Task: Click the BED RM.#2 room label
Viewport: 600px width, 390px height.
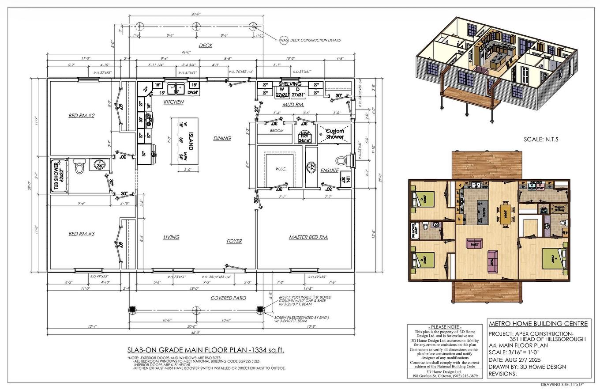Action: pyautogui.click(x=82, y=116)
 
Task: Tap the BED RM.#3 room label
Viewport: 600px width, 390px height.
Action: pyautogui.click(x=81, y=234)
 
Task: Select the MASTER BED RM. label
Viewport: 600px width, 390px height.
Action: pyautogui.click(x=308, y=237)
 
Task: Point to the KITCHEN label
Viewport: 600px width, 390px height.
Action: pyautogui.click(x=173, y=102)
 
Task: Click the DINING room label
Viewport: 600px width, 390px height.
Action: pyautogui.click(x=222, y=138)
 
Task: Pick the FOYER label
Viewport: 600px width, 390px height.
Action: pyautogui.click(x=234, y=241)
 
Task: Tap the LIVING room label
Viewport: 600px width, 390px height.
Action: pyautogui.click(x=171, y=237)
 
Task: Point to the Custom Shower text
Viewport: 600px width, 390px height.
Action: pyautogui.click(x=334, y=134)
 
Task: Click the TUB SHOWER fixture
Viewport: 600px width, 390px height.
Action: pyautogui.click(x=59, y=175)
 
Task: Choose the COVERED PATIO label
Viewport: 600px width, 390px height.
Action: pyautogui.click(x=228, y=298)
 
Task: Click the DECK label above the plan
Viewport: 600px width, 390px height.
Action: pyautogui.click(x=205, y=45)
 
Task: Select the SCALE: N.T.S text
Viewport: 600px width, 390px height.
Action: pyautogui.click(x=541, y=139)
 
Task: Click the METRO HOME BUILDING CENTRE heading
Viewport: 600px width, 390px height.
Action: pyautogui.click(x=538, y=324)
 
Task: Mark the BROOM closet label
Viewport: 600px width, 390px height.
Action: pyautogui.click(x=277, y=131)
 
